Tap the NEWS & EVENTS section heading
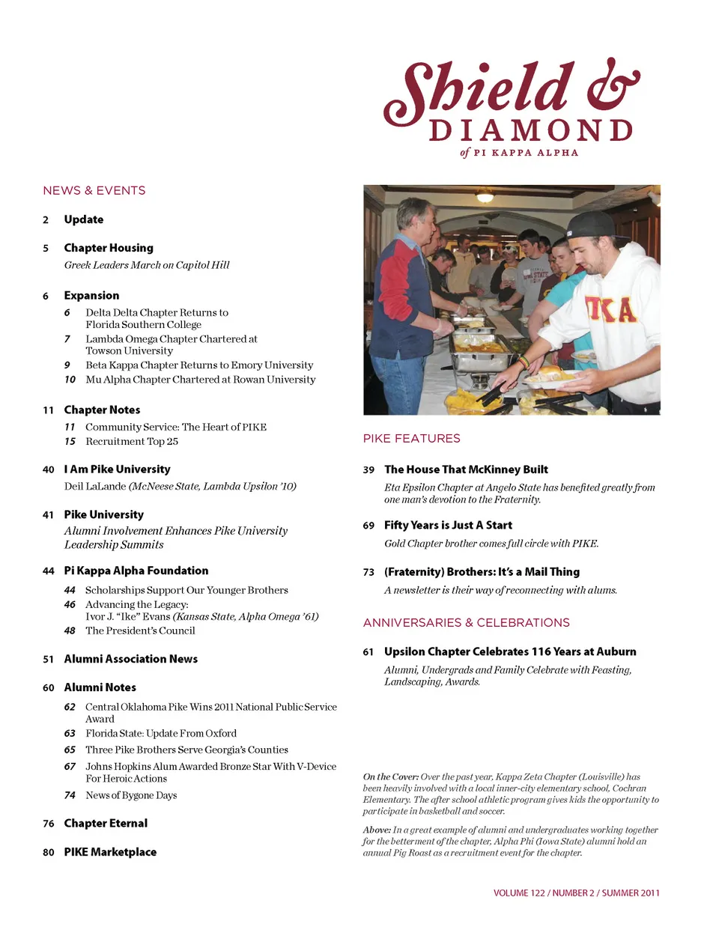click(94, 191)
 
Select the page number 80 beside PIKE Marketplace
click(49, 853)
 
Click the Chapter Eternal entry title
click(106, 824)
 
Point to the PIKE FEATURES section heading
click(411, 439)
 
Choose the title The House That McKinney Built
click(466, 469)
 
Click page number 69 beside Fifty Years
click(368, 526)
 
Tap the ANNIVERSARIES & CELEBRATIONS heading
click(466, 623)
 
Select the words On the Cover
click(390, 777)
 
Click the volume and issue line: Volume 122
click(576, 893)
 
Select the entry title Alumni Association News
click(131, 659)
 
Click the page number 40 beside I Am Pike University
click(49, 470)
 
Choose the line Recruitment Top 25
click(132, 442)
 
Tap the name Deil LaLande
click(95, 487)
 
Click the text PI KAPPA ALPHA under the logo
click(526, 153)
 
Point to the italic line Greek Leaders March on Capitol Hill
click(147, 265)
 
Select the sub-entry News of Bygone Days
click(131, 796)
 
